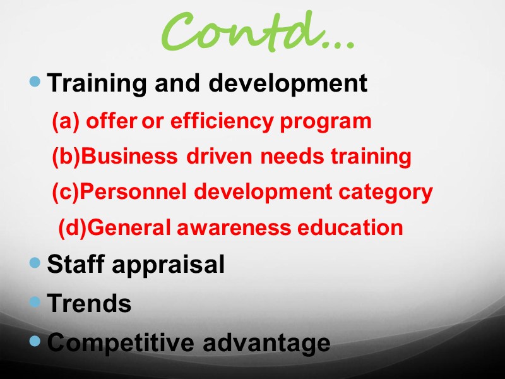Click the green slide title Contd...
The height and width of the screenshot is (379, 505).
256,33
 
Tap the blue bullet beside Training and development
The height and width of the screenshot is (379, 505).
35,81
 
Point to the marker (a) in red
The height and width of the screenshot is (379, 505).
65,121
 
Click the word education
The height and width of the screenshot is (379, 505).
351,227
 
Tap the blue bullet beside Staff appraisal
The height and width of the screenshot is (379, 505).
35,262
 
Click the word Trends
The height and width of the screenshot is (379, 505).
90,304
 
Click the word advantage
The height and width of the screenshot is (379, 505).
267,344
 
